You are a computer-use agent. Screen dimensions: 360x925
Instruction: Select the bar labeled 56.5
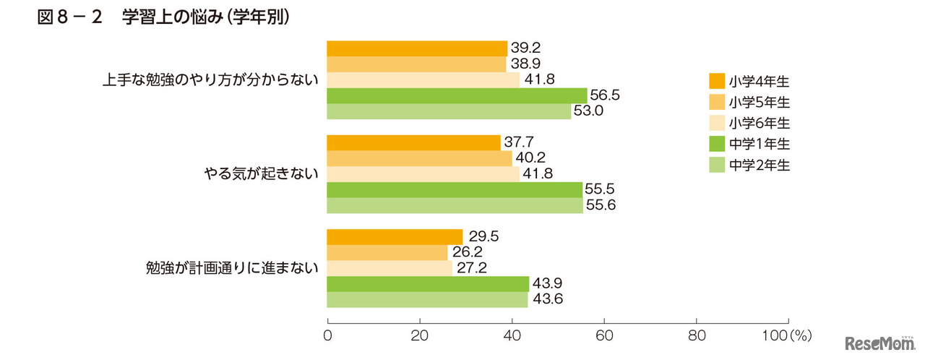[457, 95]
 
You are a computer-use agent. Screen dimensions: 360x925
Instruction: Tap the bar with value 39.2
[417, 48]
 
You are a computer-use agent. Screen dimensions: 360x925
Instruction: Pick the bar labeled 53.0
[449, 111]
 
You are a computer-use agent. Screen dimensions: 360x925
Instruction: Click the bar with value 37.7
[414, 143]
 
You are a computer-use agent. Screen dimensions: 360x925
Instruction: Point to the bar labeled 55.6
[455, 206]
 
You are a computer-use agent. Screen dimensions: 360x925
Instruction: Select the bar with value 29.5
[395, 237]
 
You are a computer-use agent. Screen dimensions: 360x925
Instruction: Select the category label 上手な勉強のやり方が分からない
[210, 80]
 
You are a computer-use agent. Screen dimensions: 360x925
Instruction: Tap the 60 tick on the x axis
[604, 335]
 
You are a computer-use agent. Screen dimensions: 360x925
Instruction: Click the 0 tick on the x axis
[328, 335]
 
